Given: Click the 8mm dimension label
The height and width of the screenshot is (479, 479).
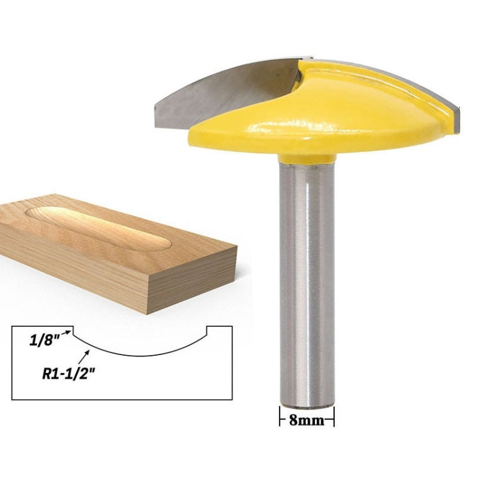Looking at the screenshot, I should [x=307, y=420].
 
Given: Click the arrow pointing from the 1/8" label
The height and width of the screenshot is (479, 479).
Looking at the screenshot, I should [x=66, y=332].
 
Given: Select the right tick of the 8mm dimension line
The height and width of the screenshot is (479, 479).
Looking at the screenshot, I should [x=333, y=420].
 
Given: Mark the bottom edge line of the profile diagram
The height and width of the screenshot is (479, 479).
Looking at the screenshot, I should [x=121, y=399].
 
